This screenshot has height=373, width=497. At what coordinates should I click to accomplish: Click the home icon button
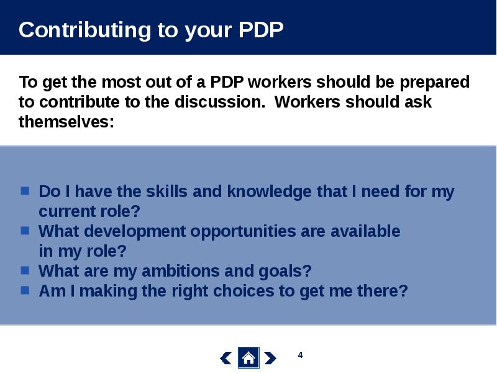[x=248, y=358]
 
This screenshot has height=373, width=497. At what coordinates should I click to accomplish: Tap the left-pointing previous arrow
[x=226, y=358]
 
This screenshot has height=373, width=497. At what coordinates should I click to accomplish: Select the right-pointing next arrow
[x=270, y=358]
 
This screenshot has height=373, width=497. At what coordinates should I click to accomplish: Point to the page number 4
[x=301, y=355]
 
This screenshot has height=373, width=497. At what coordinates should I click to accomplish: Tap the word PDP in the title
[x=261, y=30]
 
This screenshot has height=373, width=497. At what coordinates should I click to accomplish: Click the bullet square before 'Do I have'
[x=25, y=191]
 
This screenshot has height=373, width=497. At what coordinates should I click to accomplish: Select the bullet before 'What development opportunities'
[x=25, y=231]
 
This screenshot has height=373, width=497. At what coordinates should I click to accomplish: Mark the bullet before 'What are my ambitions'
[x=25, y=270]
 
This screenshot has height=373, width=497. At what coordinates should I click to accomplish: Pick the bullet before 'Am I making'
[x=25, y=290]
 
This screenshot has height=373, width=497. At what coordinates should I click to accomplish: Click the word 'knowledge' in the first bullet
[x=270, y=192]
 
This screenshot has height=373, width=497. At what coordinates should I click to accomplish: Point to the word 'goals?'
[x=285, y=272]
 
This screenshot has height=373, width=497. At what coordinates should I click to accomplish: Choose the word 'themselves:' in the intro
[x=66, y=122]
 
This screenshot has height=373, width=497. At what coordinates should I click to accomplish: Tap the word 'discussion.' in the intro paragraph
[x=220, y=102]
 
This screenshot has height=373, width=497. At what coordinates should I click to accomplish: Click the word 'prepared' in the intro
[x=434, y=83]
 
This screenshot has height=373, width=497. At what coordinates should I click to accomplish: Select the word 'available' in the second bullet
[x=365, y=231]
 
